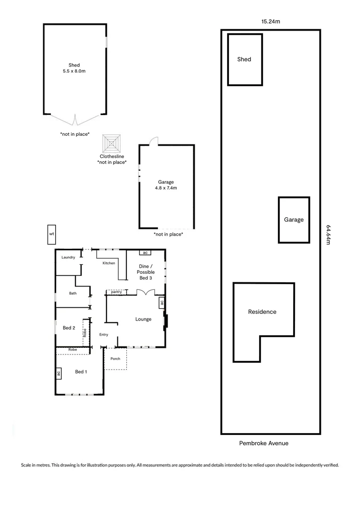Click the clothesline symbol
coord(112,143)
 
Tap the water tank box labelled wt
coord(51,234)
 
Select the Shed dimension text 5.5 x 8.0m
coord(74,71)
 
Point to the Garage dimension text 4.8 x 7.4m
coord(166,188)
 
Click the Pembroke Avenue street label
coord(263,443)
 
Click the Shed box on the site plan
coord(245,59)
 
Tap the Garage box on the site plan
coord(294,220)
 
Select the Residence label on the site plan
coord(262,312)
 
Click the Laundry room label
coord(68,257)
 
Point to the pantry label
coord(116,292)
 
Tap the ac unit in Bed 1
coord(59,373)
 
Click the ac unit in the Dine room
coord(145,253)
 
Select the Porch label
coord(115,359)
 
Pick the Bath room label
coord(73,293)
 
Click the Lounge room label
coord(143,319)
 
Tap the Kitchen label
coord(109,263)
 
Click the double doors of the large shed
coord(74,120)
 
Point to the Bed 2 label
coord(69,328)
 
